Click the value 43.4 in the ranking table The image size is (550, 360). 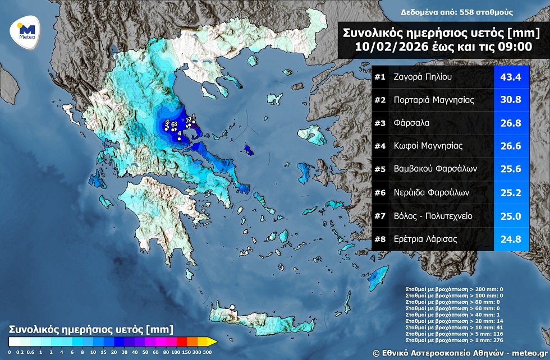pyautogui.click(x=511, y=77)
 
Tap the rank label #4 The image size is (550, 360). pyautogui.click(x=380, y=146)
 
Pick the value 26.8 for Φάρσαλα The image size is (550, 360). pyautogui.click(x=511, y=123)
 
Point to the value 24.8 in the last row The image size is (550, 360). pyautogui.click(x=511, y=239)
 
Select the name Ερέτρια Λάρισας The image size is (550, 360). pyautogui.click(x=425, y=239)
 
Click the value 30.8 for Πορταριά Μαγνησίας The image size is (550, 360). pyautogui.click(x=511, y=100)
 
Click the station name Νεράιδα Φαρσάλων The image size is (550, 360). pyautogui.click(x=430, y=192)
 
